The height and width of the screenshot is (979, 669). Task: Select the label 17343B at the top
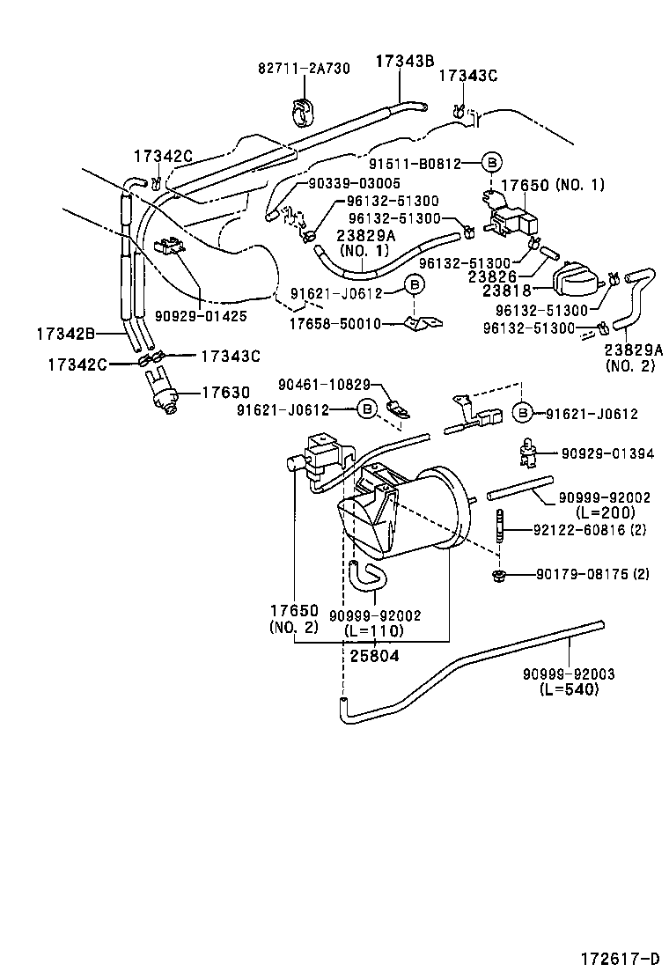(x=405, y=61)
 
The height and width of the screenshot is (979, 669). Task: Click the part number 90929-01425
(x=201, y=314)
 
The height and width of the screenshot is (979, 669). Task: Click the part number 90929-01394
(x=607, y=453)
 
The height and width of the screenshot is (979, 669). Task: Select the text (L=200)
(x=605, y=512)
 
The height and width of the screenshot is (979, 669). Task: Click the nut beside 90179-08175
(x=499, y=576)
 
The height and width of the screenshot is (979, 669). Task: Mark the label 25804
(x=374, y=655)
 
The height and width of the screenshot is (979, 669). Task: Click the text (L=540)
(x=569, y=689)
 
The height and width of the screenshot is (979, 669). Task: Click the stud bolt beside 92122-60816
(x=500, y=531)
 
